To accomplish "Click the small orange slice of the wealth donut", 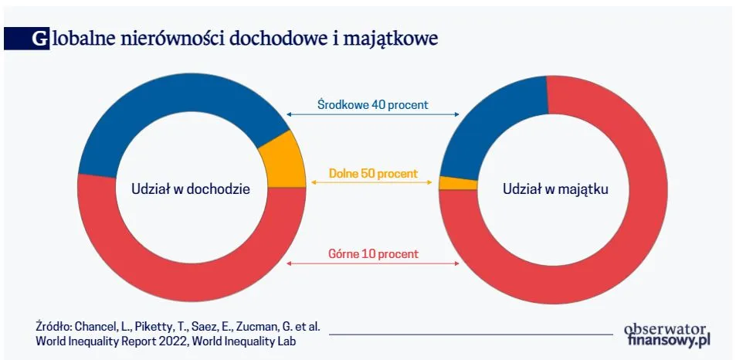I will point(448,183).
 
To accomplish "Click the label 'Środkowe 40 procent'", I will point(373,104).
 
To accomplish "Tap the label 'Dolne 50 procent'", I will point(373,174).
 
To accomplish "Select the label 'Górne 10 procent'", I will point(373,253).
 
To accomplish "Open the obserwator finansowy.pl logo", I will point(666,333).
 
